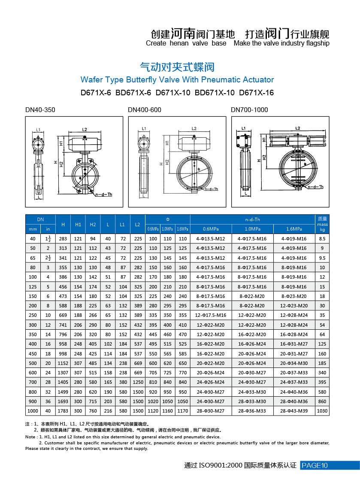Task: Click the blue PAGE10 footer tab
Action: (x=329, y=465)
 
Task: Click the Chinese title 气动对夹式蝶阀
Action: (x=177, y=67)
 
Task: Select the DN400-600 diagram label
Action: (x=145, y=110)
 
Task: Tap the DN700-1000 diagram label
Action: (x=249, y=110)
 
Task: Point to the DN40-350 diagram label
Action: (x=40, y=110)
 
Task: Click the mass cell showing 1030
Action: (x=322, y=411)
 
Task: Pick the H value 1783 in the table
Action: (x=63, y=411)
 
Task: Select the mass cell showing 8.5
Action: (x=322, y=238)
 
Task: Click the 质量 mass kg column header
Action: (x=322, y=224)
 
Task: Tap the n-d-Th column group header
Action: (x=252, y=219)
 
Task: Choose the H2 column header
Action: (x=93, y=224)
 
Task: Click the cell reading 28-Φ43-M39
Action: (x=294, y=411)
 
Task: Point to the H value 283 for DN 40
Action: (x=63, y=238)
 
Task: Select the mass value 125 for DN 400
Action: (x=322, y=344)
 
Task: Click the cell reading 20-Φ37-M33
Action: (x=294, y=373)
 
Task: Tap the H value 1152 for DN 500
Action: (x=63, y=363)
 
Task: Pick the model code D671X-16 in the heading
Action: (x=256, y=93)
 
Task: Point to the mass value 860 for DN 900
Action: (x=322, y=401)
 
